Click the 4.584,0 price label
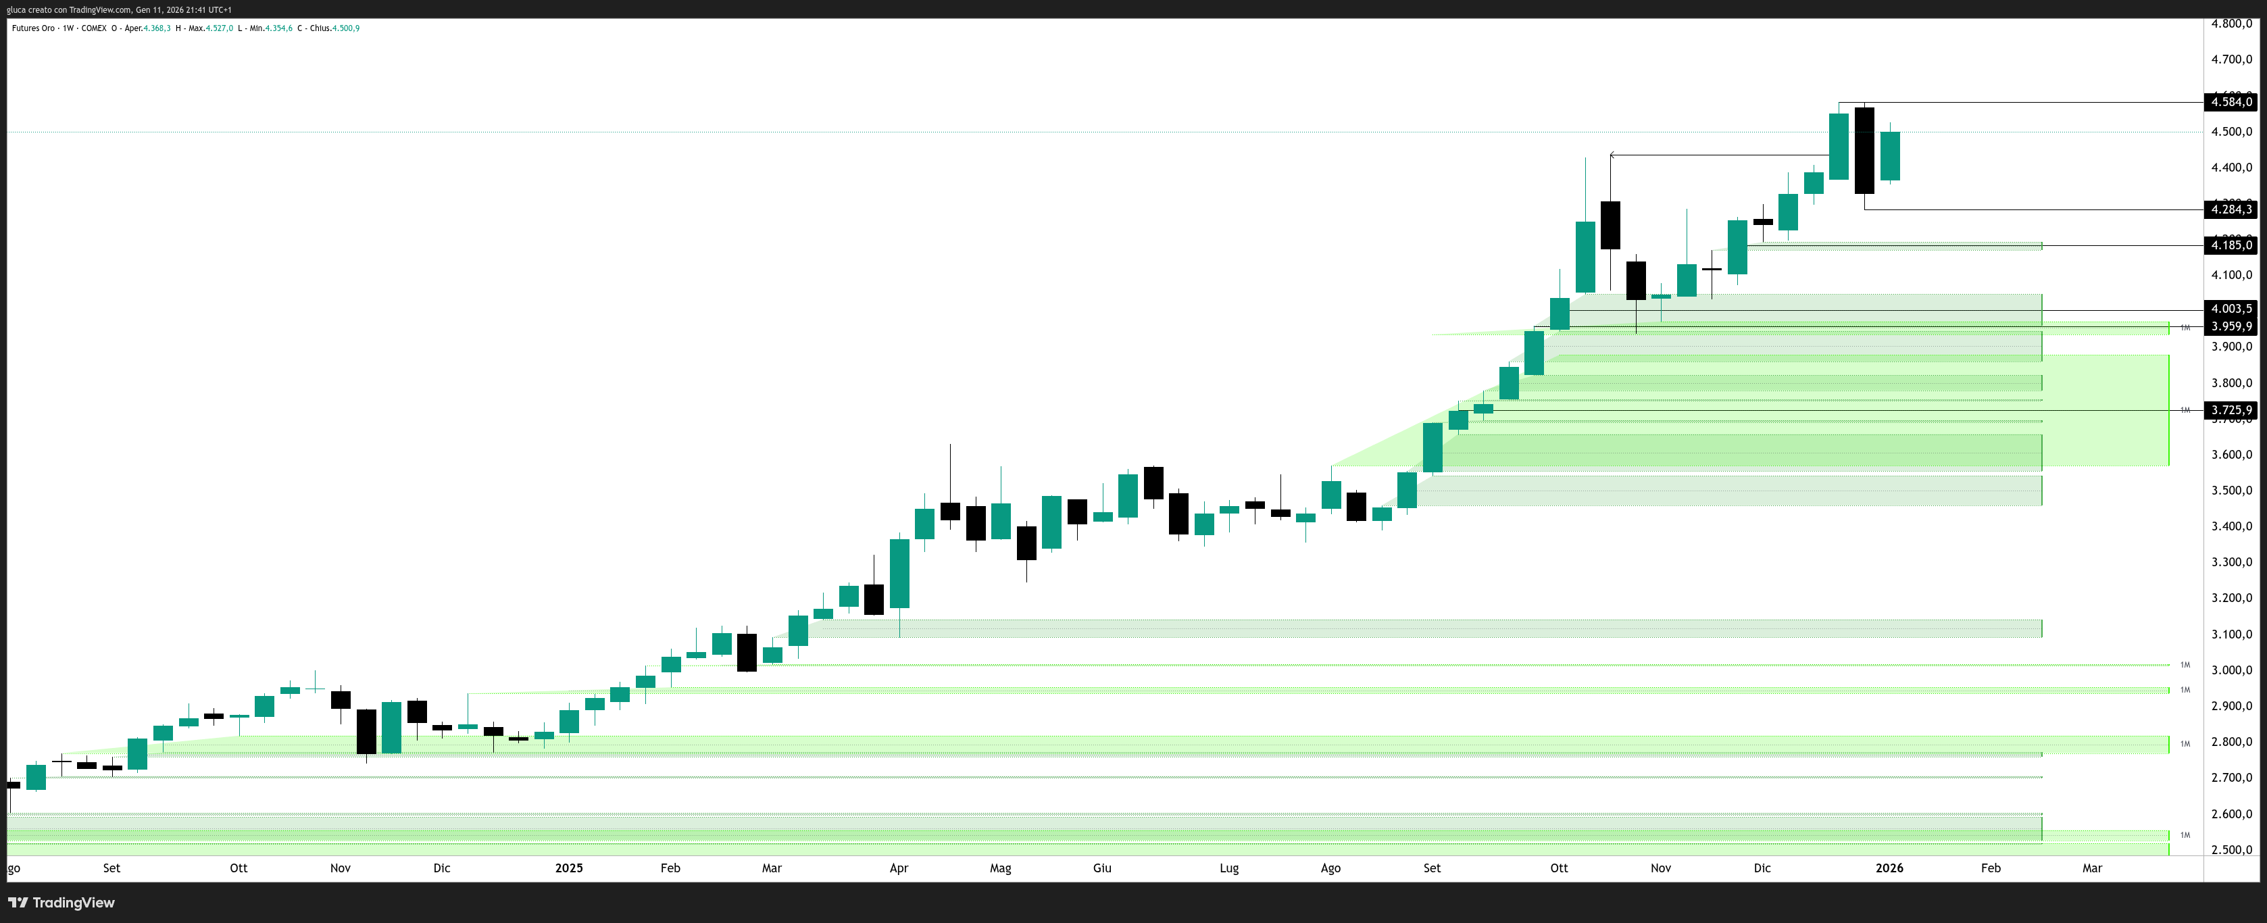tap(2231, 102)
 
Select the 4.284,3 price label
tap(2231, 209)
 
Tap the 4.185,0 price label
tap(2231, 245)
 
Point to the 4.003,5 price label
tap(2231, 309)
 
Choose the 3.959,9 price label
tap(2231, 326)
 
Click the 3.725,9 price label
tap(2231, 410)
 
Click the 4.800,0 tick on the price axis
tap(2231, 24)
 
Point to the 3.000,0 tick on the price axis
tap(2231, 670)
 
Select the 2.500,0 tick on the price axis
tap(2231, 850)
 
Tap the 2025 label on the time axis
tap(568, 868)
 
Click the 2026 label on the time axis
tap(1889, 868)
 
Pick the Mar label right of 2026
tap(2092, 868)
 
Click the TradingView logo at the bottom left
tap(61, 903)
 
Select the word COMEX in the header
tap(93, 28)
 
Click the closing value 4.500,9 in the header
tap(345, 28)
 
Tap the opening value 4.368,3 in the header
tap(157, 28)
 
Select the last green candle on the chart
tap(1889, 155)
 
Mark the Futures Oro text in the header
tap(33, 28)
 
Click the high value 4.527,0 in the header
tap(219, 28)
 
